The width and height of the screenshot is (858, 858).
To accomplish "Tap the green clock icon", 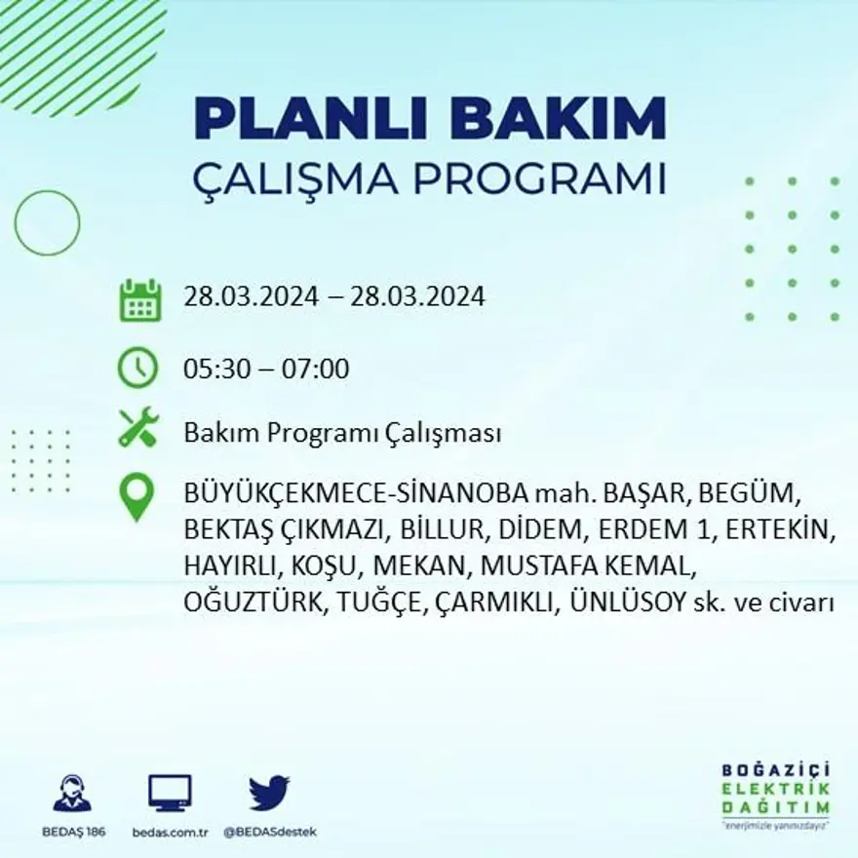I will click(x=137, y=368).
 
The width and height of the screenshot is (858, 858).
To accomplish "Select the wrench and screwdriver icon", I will click(x=137, y=428).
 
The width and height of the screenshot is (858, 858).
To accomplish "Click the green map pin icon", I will click(x=136, y=496).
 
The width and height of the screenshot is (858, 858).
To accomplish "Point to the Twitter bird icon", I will click(x=269, y=792).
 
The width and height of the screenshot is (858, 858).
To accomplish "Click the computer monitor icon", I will click(x=170, y=793).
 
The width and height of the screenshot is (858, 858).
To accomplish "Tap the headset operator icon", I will click(x=72, y=793).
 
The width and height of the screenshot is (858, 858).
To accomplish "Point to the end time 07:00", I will click(x=316, y=370).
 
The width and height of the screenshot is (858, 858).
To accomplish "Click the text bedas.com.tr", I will click(x=170, y=832).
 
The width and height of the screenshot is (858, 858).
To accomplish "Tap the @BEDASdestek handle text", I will click(x=270, y=832).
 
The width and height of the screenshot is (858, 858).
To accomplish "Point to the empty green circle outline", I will click(x=47, y=223).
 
